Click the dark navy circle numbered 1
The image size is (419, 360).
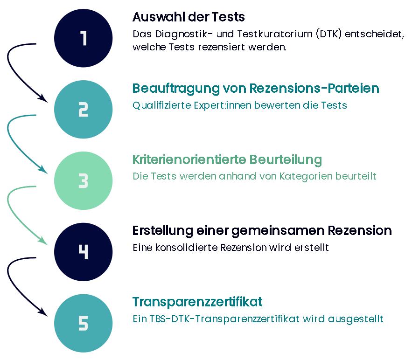84,38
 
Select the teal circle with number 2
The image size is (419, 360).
84,110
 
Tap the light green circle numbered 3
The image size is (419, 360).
84,181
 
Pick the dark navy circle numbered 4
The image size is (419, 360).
84,252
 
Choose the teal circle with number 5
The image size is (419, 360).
84,324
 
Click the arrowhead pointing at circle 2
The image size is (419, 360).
44,99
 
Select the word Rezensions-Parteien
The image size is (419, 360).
314,89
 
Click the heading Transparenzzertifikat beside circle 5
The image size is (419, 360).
197,302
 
